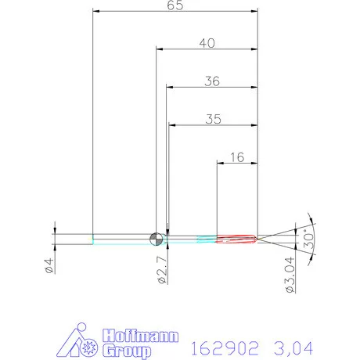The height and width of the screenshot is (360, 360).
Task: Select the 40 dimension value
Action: pyautogui.click(x=207, y=44)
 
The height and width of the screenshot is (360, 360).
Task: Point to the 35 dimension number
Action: pyautogui.click(x=212, y=120)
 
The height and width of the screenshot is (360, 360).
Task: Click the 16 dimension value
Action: pyautogui.click(x=238, y=157)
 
